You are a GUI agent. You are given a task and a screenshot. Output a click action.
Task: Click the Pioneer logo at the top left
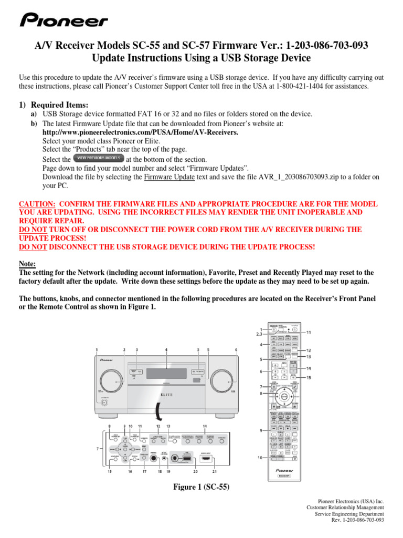(63, 21)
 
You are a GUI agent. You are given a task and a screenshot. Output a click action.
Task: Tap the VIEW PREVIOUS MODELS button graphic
(99, 158)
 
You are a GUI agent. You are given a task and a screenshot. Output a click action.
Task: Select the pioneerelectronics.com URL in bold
(140, 133)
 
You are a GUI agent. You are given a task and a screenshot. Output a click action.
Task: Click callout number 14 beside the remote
(309, 368)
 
